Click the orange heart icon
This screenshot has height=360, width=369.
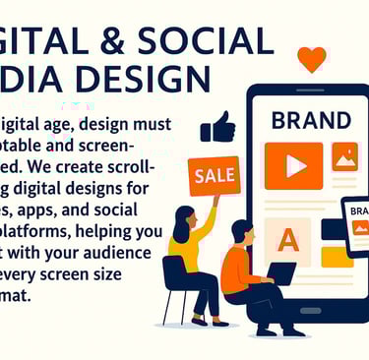coord(311,59)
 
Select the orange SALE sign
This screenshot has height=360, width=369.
coord(214,174)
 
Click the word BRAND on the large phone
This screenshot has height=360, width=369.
coord(310,121)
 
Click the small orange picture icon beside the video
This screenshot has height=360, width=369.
coord(344,156)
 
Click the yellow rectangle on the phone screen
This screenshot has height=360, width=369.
coord(337,258)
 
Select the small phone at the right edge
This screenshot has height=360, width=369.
coord(356,227)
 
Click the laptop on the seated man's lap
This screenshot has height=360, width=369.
coord(281,272)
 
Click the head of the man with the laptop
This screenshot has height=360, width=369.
coord(243,232)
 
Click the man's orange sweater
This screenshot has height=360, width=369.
coord(236,269)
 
